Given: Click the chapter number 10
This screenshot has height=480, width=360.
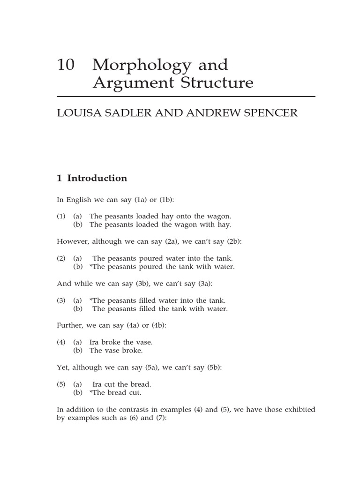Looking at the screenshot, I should coord(65,65).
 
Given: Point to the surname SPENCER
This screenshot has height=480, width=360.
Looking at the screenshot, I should coord(271,114).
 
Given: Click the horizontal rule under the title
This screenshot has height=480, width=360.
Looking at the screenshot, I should coord(186,97).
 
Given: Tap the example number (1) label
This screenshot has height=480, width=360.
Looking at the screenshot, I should coord(62,216).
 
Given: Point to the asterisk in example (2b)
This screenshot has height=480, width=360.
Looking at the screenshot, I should coord(91,267).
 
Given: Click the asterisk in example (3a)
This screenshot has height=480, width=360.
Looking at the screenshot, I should coord(91,300).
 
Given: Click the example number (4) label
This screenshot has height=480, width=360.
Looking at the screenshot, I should coord(62,342).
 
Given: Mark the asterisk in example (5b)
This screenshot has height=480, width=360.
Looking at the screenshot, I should coord(91,393).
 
